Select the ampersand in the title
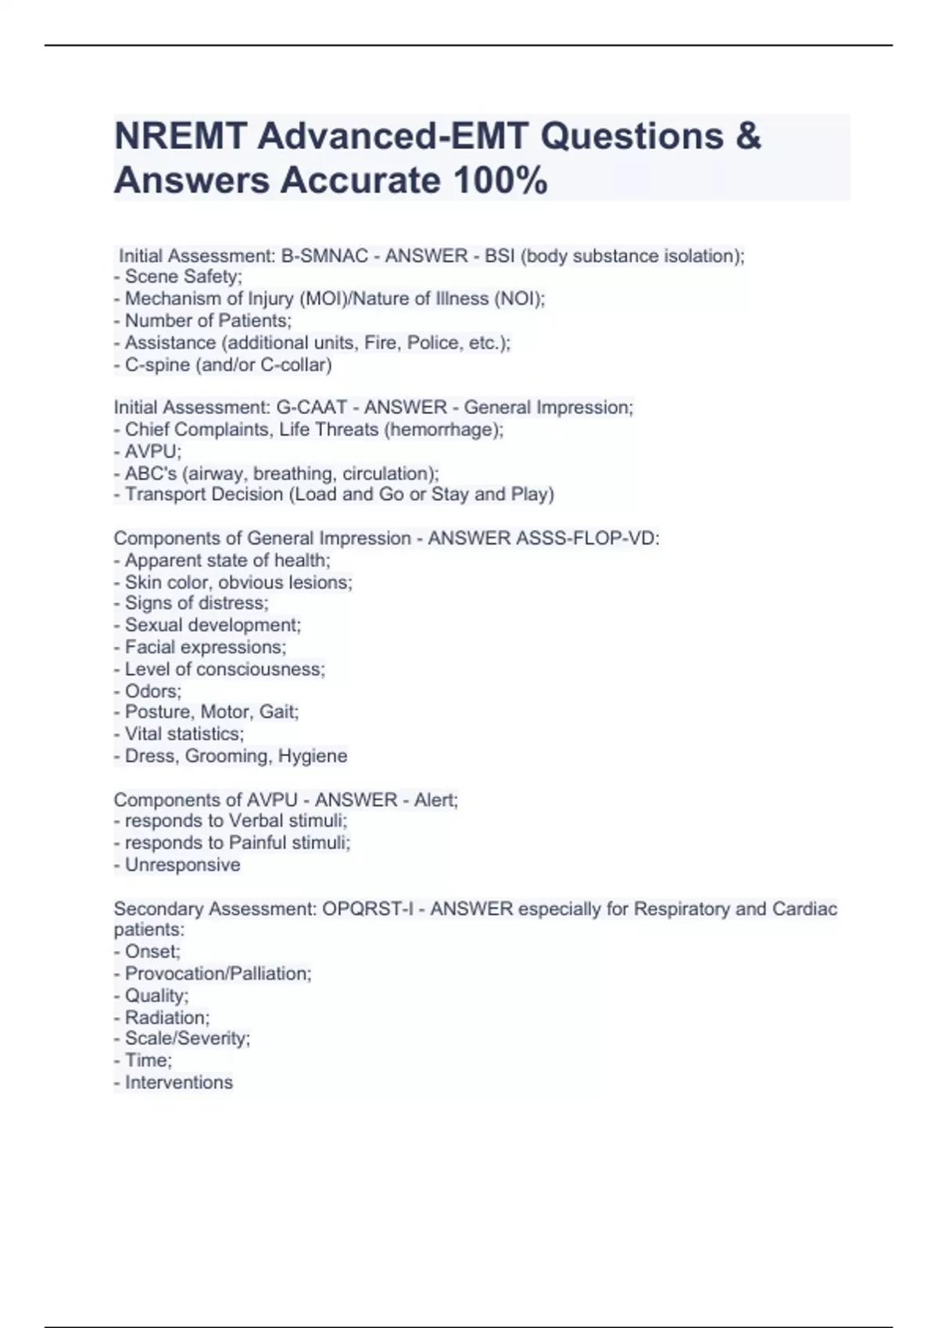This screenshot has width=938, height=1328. (748, 137)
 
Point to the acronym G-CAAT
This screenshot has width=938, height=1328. (311, 408)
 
